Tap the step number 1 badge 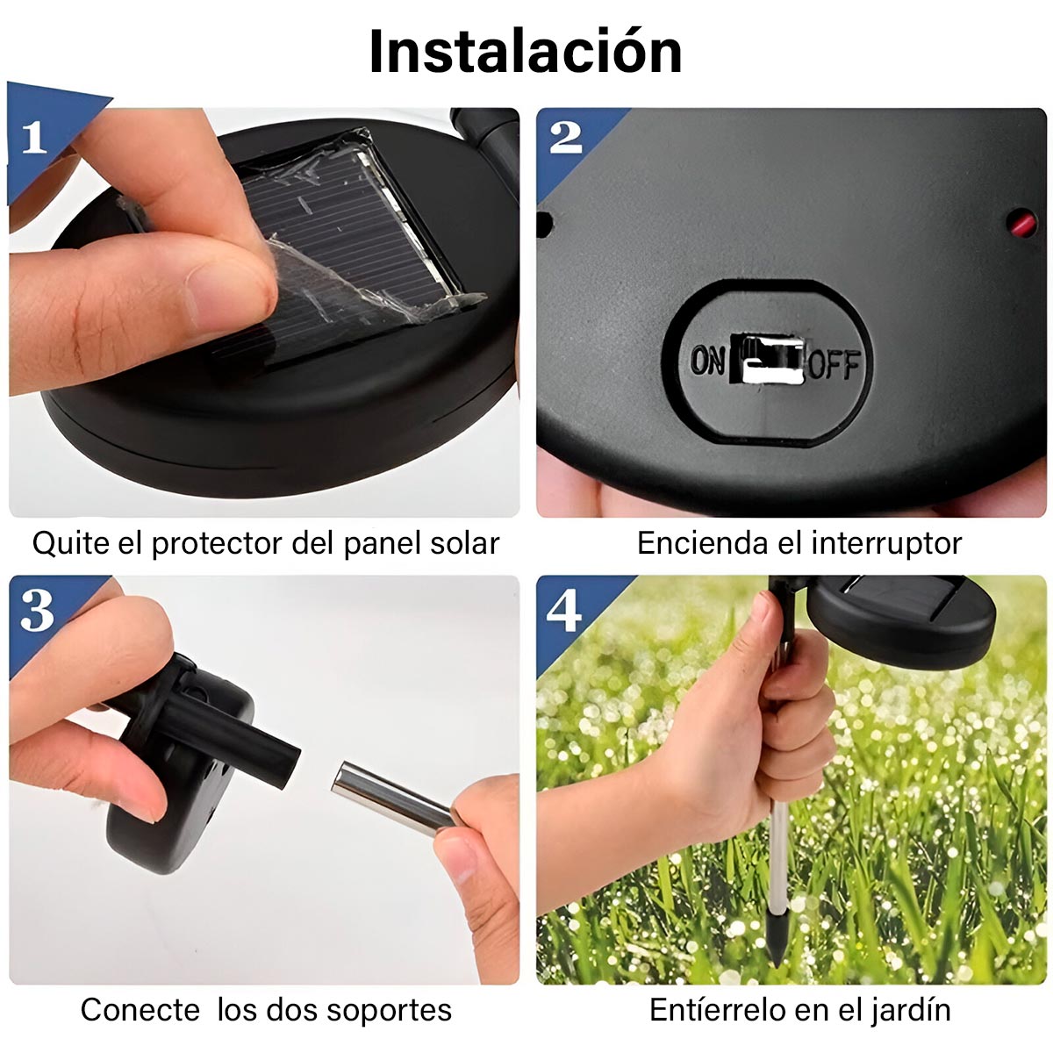pos(34,137)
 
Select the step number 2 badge pos(566,138)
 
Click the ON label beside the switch pos(707,362)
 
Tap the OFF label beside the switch pos(834,364)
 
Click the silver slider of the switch pos(770,360)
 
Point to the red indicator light pos(1022,224)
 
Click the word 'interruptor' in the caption pos(886,543)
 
